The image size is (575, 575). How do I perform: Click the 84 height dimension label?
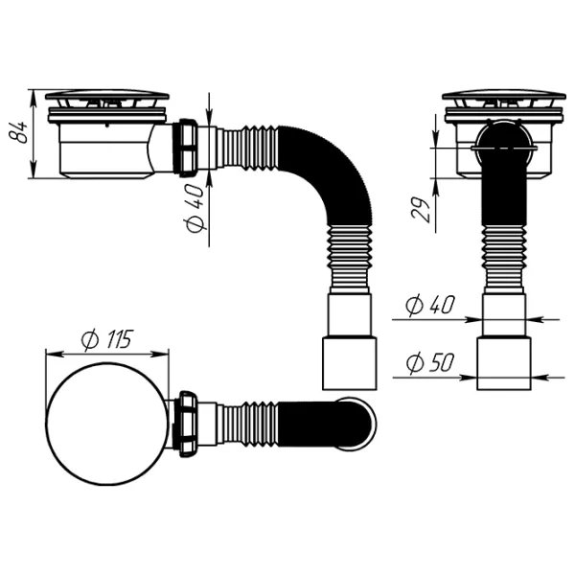(17, 132)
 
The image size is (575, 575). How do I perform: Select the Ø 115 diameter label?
(106, 339)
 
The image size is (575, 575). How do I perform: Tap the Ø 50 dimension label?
(430, 363)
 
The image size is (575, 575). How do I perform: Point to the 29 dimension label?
(421, 210)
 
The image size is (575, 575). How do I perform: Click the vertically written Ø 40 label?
(194, 209)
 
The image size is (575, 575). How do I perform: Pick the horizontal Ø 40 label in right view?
(430, 305)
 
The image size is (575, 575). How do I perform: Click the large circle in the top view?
(107, 425)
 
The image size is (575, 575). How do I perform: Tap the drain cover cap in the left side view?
(107, 95)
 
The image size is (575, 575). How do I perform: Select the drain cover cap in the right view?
(503, 95)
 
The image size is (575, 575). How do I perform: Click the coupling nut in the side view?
(188, 148)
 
